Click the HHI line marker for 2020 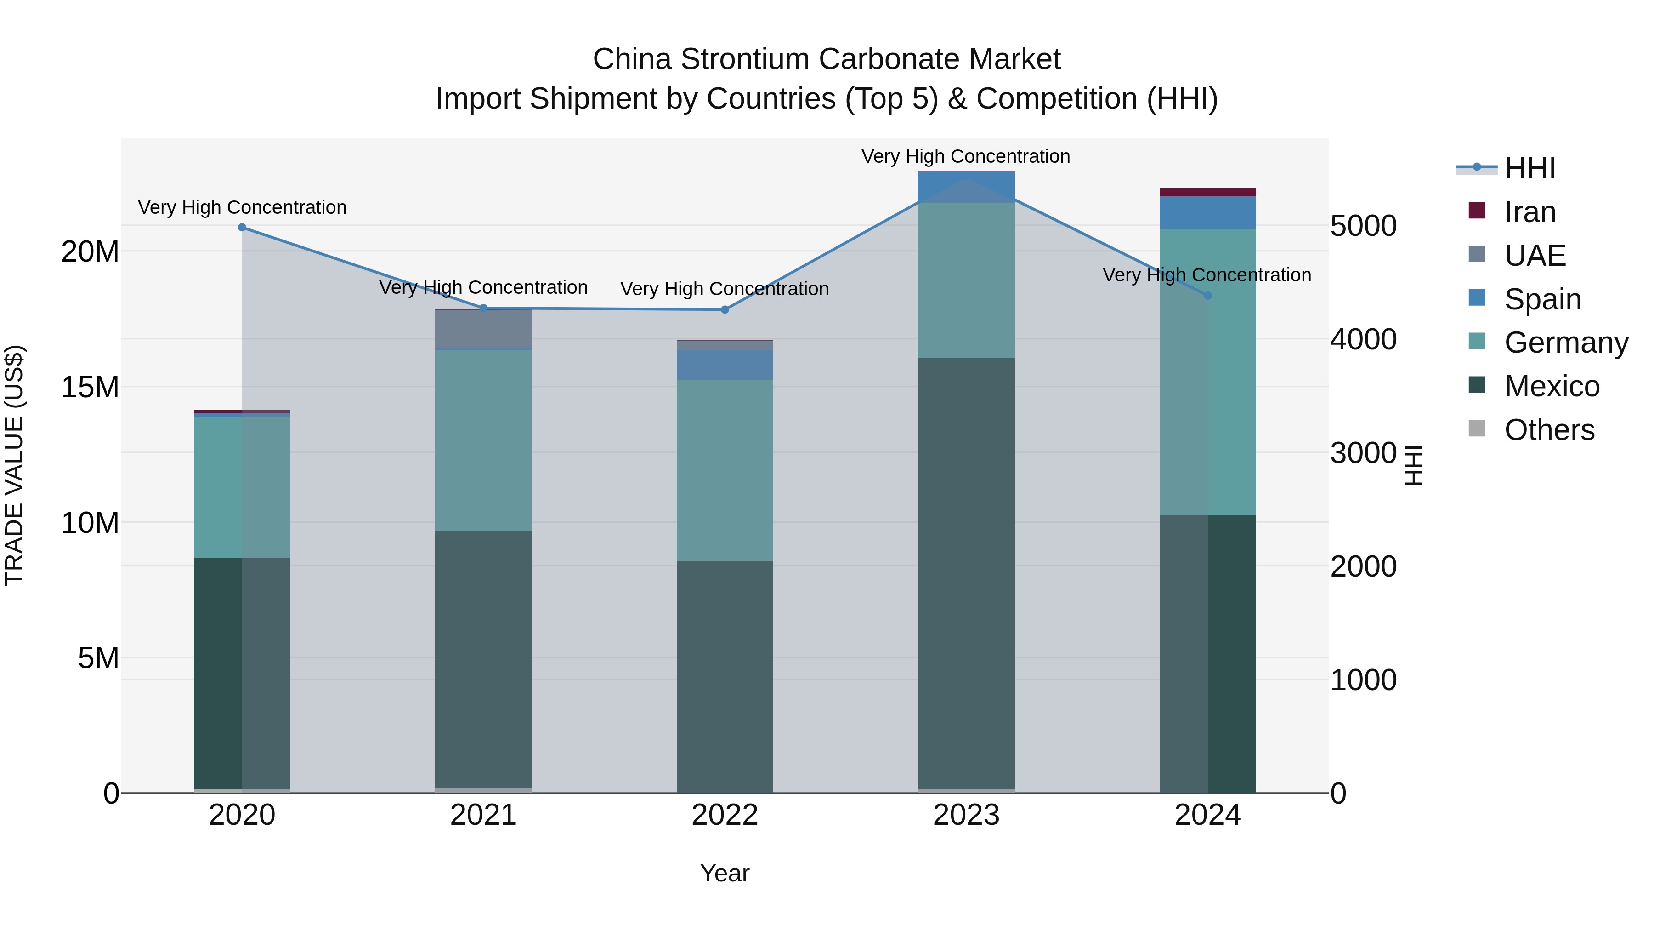(x=242, y=228)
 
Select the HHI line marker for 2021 (x=483, y=308)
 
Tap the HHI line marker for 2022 (x=725, y=310)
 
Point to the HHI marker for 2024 (x=1208, y=296)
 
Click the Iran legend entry (x=1530, y=212)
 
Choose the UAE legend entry (x=1535, y=256)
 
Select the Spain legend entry (x=1542, y=299)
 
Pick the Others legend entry (x=1549, y=430)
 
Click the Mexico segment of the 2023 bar (x=966, y=572)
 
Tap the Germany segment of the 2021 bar (x=483, y=440)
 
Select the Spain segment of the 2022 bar (x=725, y=365)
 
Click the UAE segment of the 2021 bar (x=483, y=329)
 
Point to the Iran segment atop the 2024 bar (x=1208, y=193)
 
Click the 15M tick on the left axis (x=90, y=388)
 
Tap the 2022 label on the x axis (x=725, y=815)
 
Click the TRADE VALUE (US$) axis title (x=14, y=466)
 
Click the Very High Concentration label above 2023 (x=966, y=156)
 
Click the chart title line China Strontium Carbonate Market (x=827, y=59)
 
